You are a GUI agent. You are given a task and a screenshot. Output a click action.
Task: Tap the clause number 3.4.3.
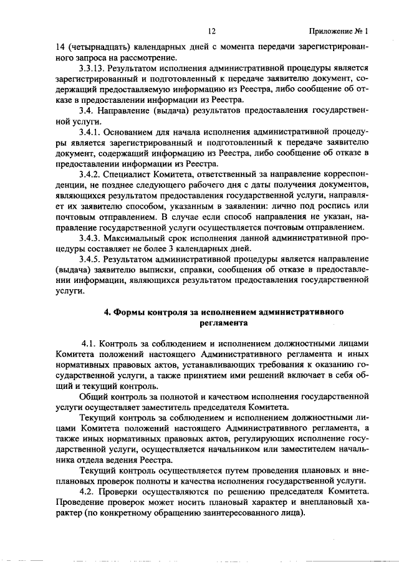[90, 238]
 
